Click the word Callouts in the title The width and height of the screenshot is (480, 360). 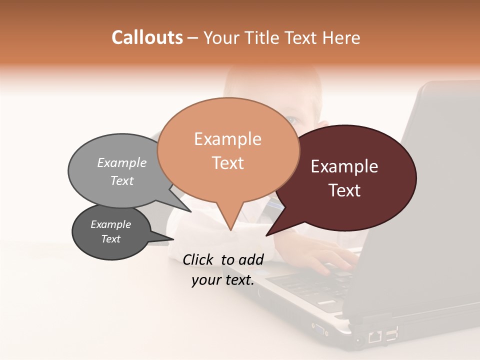[x=147, y=37]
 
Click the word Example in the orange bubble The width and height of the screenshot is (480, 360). [x=227, y=139]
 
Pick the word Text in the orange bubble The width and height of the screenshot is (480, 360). [x=227, y=163]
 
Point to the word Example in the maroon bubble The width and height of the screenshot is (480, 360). [x=344, y=166]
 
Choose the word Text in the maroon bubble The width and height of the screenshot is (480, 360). [x=344, y=190]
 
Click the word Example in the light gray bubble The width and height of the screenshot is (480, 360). [x=121, y=162]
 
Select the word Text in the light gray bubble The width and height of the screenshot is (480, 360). [x=121, y=180]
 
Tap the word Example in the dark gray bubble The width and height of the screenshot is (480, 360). [x=110, y=224]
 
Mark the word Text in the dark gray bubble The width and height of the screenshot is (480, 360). [x=110, y=239]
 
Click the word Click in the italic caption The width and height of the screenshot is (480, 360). [x=199, y=259]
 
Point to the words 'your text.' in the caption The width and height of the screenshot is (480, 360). [x=223, y=280]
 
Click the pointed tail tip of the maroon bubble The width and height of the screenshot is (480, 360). [x=266, y=235]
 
